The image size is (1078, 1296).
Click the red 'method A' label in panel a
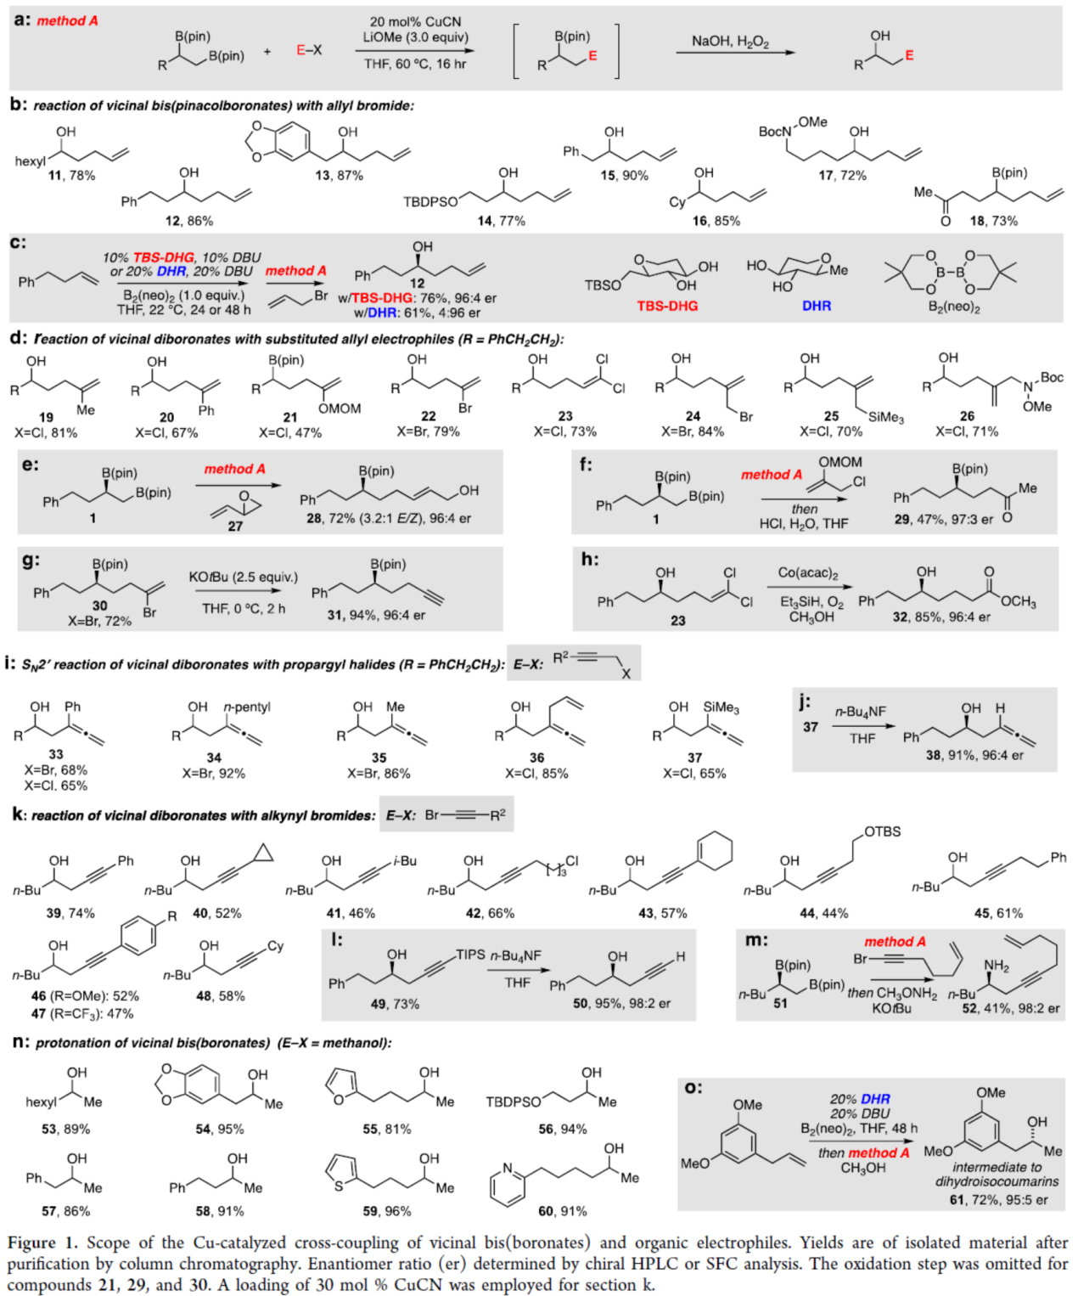(67, 20)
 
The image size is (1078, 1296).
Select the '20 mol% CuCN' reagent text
(415, 21)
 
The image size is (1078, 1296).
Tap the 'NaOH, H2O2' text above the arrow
(730, 42)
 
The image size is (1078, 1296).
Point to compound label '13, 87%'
(339, 175)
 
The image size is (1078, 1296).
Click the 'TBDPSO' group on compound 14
(430, 201)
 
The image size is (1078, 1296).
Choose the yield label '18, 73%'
(994, 221)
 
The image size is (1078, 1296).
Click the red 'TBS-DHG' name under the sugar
(667, 306)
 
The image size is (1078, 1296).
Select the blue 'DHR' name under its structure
(817, 306)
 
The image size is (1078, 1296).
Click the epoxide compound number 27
(235, 526)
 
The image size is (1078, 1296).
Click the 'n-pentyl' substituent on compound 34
(246, 707)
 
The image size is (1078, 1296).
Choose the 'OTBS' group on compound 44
(883, 831)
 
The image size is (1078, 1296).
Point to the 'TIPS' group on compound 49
(470, 955)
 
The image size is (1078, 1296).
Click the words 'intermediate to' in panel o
(997, 1167)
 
